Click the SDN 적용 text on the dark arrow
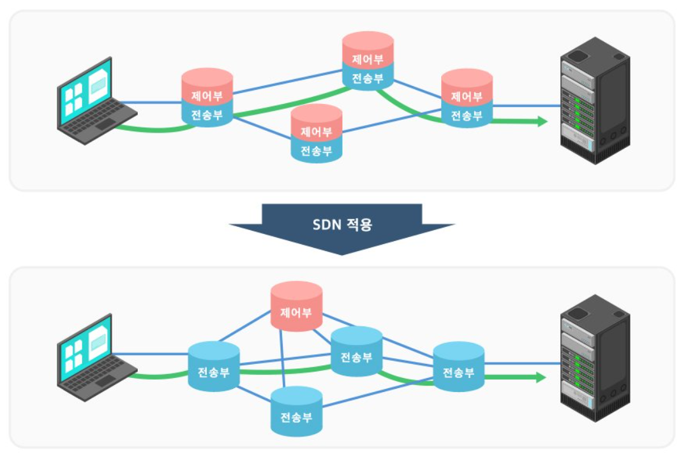[x=342, y=225]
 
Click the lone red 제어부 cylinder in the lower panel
[x=296, y=312]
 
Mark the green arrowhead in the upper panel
[x=542, y=121]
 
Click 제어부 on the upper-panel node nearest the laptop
[x=207, y=96]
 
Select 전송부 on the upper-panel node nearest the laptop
[x=207, y=115]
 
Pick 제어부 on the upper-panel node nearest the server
[x=467, y=97]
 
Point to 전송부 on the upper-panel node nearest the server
[x=467, y=116]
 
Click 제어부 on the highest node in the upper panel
[x=368, y=59]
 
